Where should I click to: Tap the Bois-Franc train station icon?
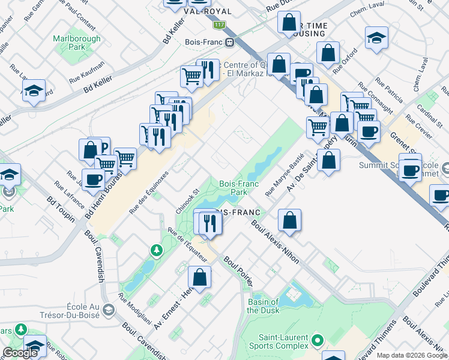229,42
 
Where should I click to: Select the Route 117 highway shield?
220,25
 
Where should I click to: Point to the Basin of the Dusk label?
263,306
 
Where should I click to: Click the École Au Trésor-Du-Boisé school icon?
108,310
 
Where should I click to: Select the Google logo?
20,353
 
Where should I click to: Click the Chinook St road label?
187,202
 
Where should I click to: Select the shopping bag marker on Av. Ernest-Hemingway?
200,277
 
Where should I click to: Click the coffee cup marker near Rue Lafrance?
93,179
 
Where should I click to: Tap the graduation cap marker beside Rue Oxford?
376,37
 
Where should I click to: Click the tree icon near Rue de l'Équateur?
156,249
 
